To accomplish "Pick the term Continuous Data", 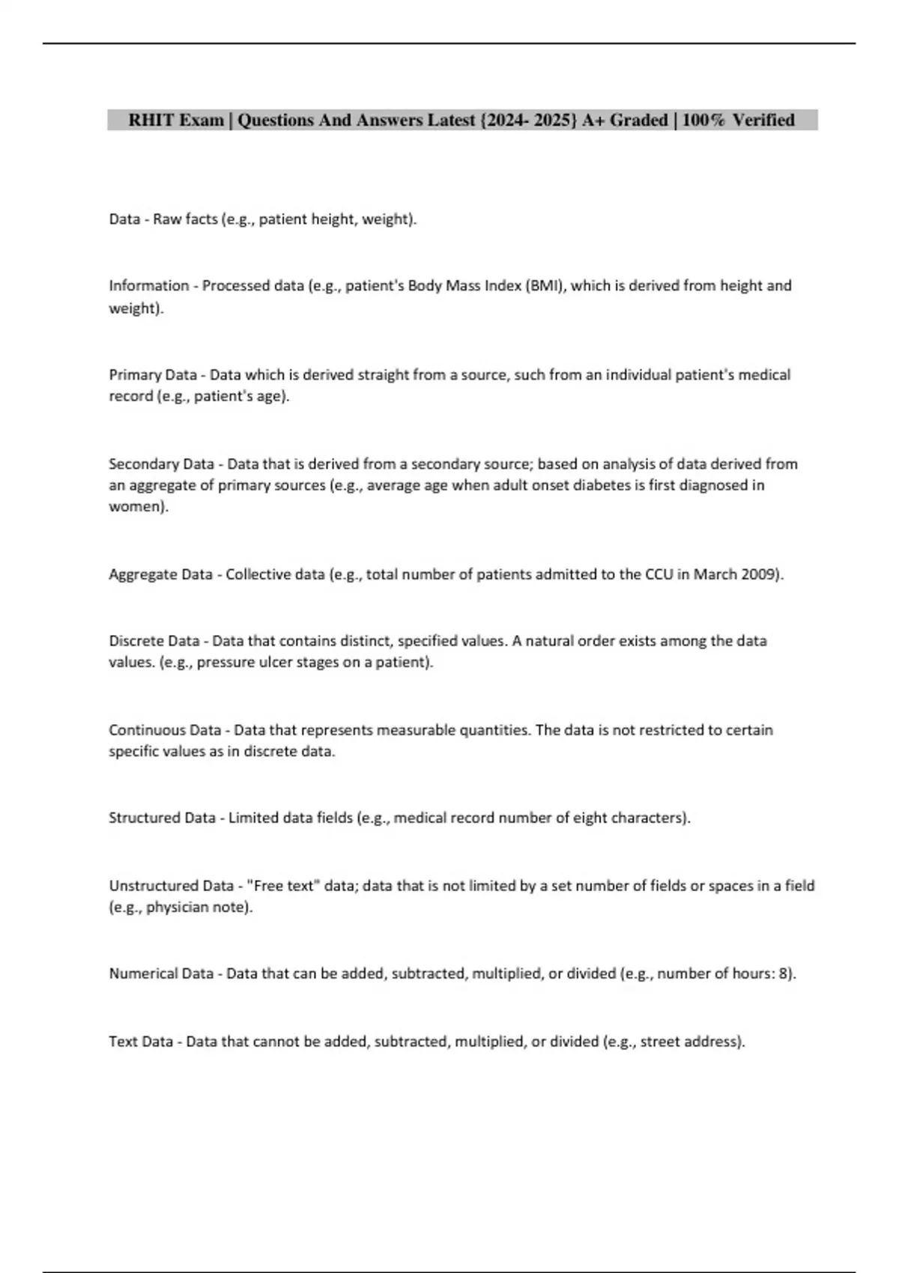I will (x=165, y=730).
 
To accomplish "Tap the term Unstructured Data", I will (x=171, y=886).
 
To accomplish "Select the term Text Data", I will (x=141, y=1042).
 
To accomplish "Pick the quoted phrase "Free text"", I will (x=282, y=886).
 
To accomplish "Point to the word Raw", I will (x=167, y=219).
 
